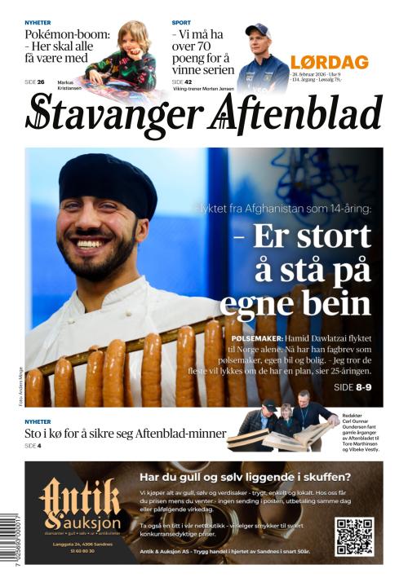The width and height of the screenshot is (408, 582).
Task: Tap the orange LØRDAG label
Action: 329,62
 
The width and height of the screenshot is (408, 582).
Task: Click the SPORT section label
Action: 182,22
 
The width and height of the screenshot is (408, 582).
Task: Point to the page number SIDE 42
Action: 183,82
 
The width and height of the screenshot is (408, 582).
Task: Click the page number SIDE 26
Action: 34,82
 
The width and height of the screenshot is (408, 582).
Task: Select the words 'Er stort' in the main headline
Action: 312,237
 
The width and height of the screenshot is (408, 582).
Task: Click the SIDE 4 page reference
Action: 33,446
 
